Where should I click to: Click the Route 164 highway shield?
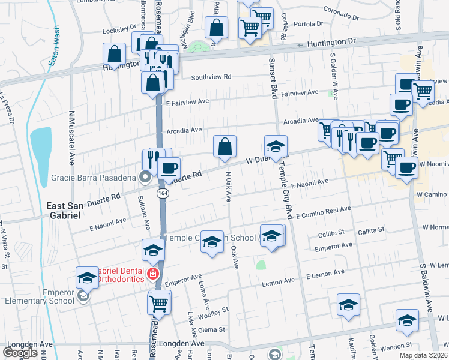point(163,193)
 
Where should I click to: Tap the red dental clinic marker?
point(154,274)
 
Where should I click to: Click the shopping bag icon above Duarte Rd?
point(225,147)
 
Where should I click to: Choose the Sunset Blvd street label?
point(273,79)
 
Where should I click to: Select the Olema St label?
point(212,329)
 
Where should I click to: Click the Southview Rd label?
point(211,77)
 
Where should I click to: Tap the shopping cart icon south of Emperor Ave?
point(159,304)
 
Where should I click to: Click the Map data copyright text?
point(423,355)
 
